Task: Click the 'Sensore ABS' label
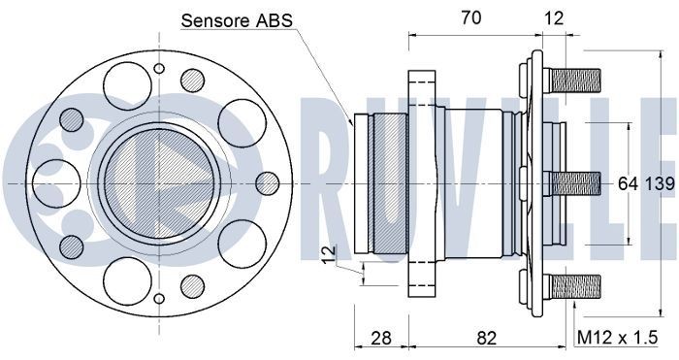238,19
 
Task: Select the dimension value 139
659,182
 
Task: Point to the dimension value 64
629,182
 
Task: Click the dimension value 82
487,338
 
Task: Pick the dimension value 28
380,338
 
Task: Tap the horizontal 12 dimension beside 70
553,16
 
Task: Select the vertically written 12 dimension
330,255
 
